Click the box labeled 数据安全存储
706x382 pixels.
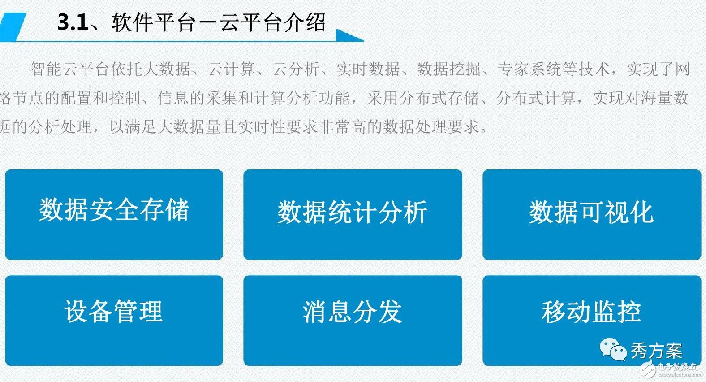[x=114, y=214]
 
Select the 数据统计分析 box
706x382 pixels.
[x=353, y=214]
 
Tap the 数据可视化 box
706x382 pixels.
[x=591, y=214]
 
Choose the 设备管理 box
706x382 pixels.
[x=114, y=320]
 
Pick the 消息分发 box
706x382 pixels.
[x=353, y=320]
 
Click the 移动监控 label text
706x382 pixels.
[x=591, y=312]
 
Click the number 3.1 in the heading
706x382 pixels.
[x=73, y=22]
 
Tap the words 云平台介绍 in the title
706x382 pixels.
[x=272, y=22]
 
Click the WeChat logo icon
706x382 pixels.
[x=613, y=349]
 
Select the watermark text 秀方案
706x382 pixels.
[x=656, y=351]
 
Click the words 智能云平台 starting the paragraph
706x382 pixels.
[x=70, y=69]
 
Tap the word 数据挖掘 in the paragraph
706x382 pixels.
[x=449, y=69]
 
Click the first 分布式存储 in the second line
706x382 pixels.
[x=439, y=98]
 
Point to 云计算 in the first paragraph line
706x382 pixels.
[x=231, y=69]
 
